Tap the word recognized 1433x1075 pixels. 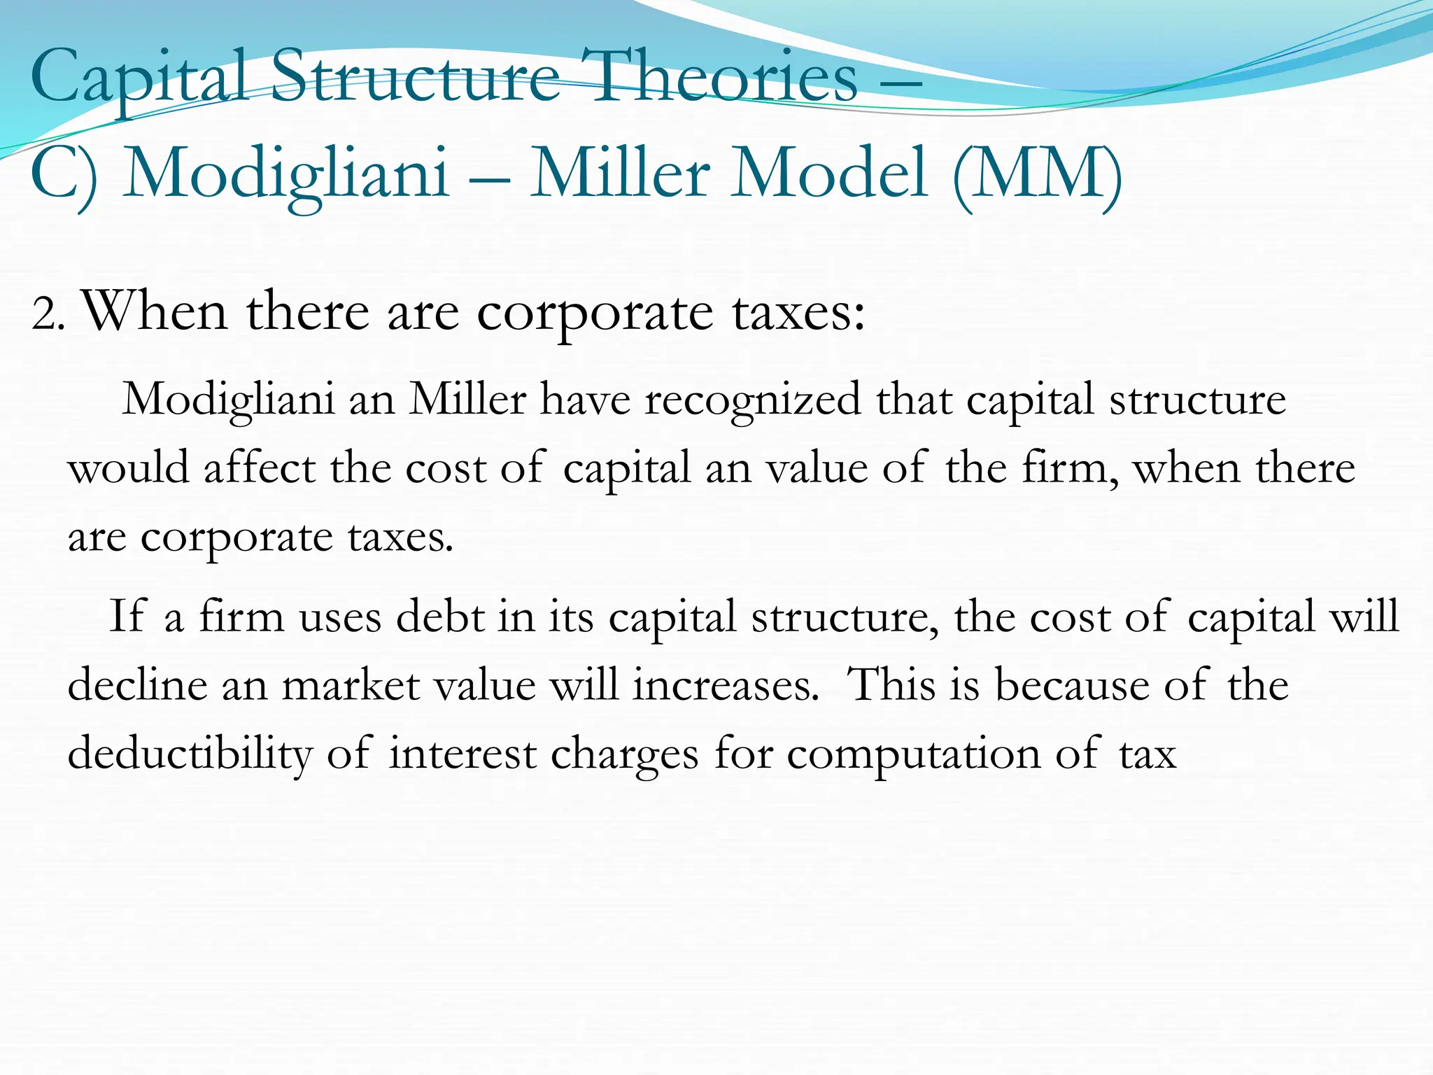coord(753,400)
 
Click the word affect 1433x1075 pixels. coord(260,468)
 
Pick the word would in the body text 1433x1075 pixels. coord(129,468)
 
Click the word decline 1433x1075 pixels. coord(137,684)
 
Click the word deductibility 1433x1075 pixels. coord(190,754)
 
